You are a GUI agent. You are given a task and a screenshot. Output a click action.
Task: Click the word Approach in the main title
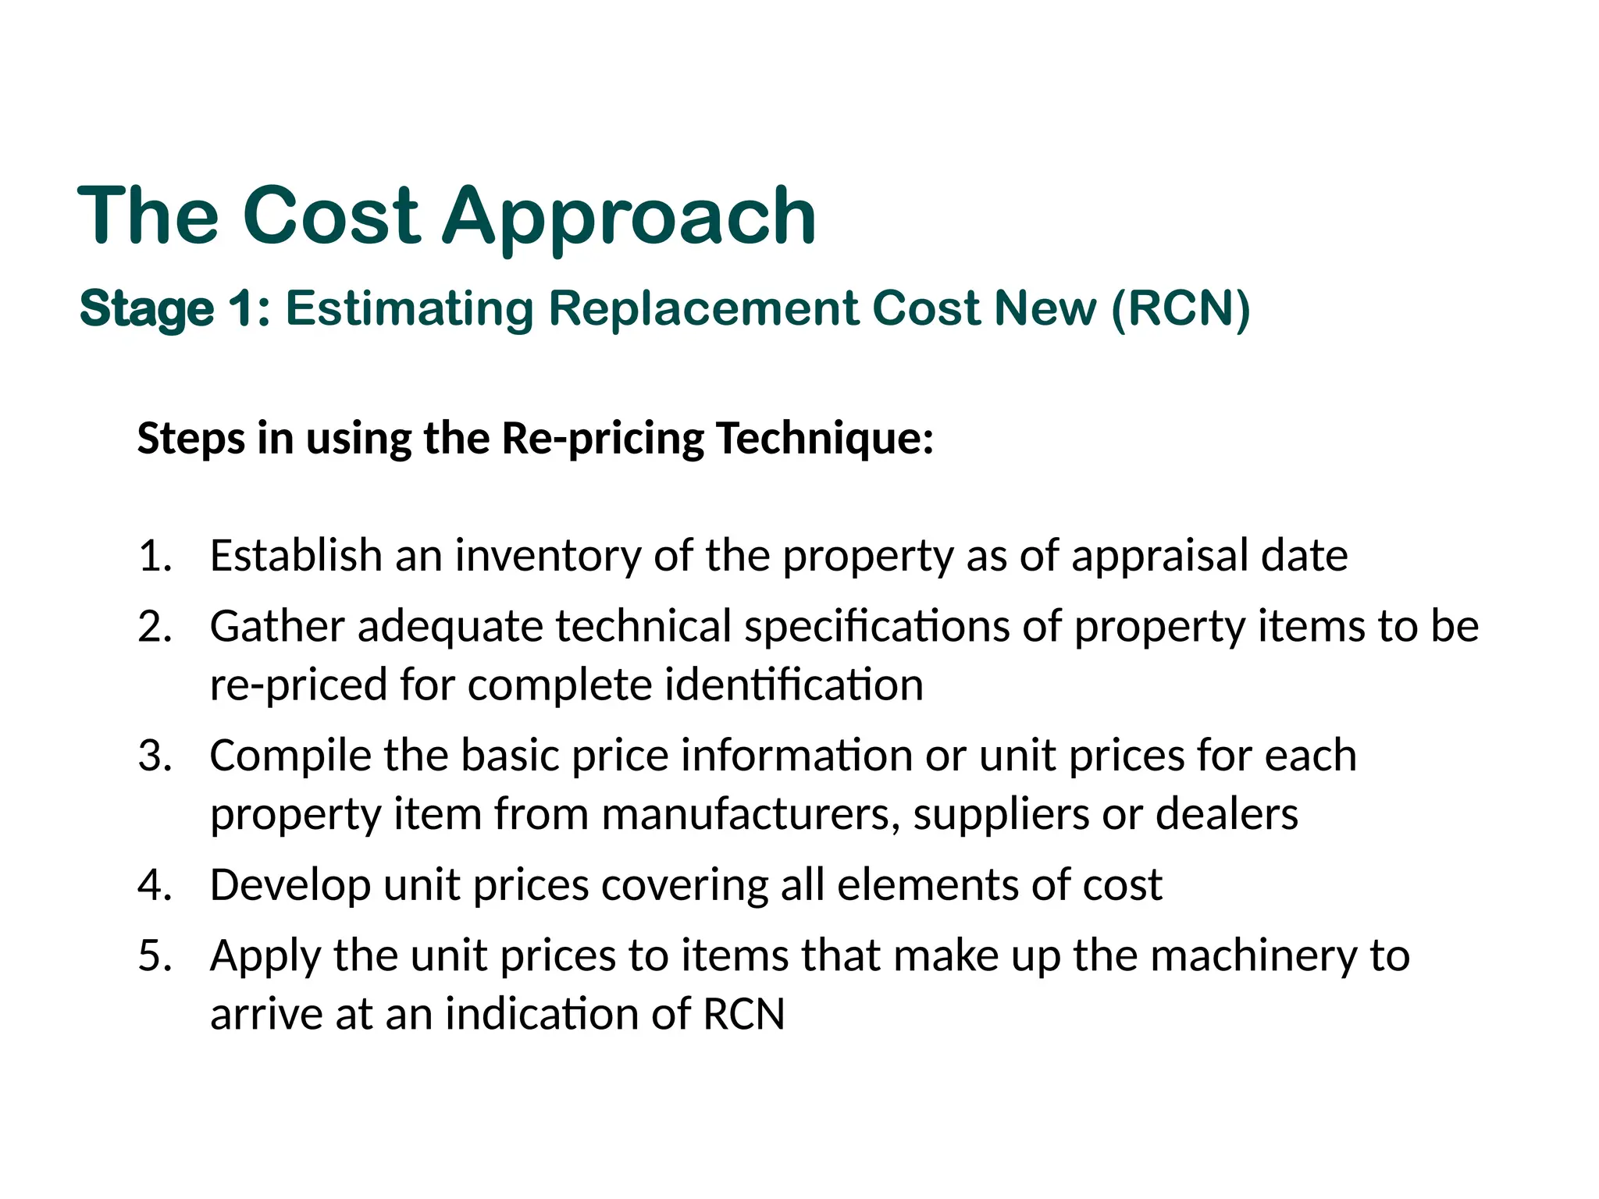[629, 217]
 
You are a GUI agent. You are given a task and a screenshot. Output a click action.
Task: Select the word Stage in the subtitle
[147, 308]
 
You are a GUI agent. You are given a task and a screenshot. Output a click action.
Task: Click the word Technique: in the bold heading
[824, 438]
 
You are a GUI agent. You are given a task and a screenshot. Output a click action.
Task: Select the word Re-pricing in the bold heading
[603, 438]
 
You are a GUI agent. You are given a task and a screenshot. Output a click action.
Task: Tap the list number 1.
[155, 556]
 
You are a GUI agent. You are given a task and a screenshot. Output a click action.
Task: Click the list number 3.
[155, 756]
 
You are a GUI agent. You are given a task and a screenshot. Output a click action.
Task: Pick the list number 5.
[155, 955]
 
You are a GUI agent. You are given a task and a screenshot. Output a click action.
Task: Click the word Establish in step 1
[295, 556]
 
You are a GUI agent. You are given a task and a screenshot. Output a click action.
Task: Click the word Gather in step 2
[277, 626]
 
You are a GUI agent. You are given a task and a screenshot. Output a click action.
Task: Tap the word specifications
[877, 626]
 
